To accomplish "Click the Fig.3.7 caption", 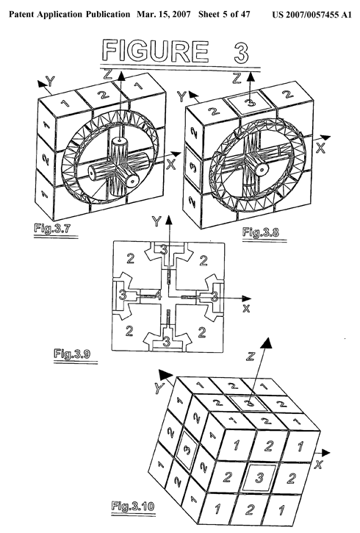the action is (x=52, y=228).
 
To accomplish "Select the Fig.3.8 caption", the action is (x=261, y=232).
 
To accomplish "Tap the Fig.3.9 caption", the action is (x=72, y=354).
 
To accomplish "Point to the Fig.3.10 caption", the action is (x=133, y=506).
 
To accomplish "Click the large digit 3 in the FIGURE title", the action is (x=241, y=52).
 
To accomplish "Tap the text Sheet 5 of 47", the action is (x=224, y=15).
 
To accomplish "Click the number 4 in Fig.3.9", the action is (x=157, y=296).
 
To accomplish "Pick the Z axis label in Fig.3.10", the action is (x=251, y=357).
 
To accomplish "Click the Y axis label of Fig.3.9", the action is (x=156, y=221).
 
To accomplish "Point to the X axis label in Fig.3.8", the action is (x=320, y=148).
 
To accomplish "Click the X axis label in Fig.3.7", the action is (x=171, y=164).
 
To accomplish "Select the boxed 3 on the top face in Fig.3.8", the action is (x=251, y=102).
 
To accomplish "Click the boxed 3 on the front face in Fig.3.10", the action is (x=259, y=478).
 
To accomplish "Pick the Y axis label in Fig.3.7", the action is (x=50, y=81).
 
